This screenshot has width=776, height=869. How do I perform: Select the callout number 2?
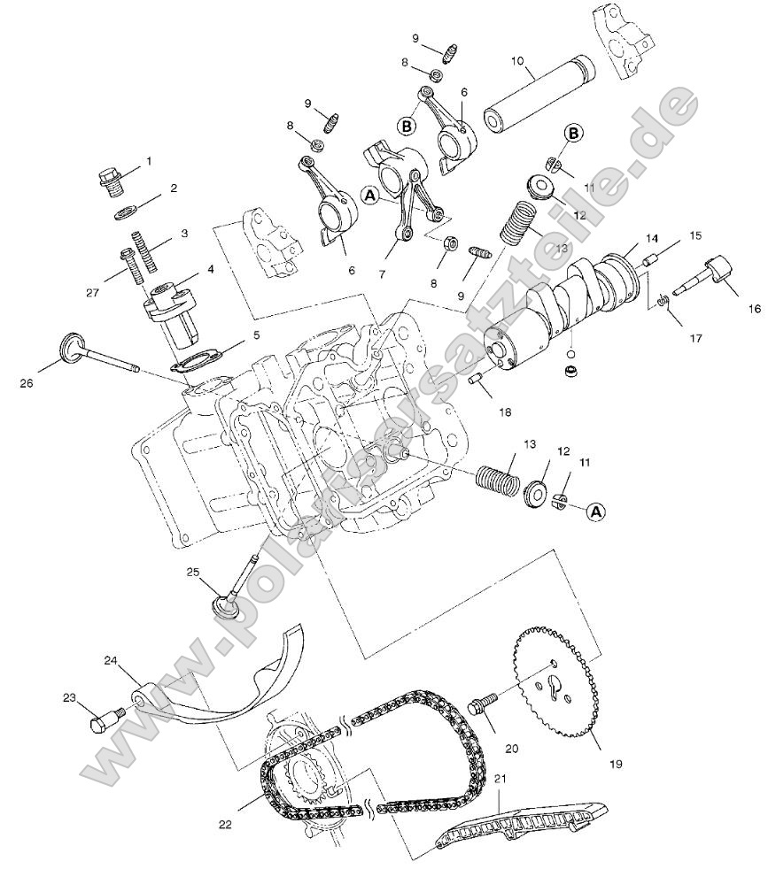click(174, 188)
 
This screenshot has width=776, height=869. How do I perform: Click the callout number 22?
click(226, 824)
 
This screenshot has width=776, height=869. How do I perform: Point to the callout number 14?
click(651, 238)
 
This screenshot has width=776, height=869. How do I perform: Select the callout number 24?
click(111, 660)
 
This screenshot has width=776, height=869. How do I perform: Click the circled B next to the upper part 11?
click(573, 134)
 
